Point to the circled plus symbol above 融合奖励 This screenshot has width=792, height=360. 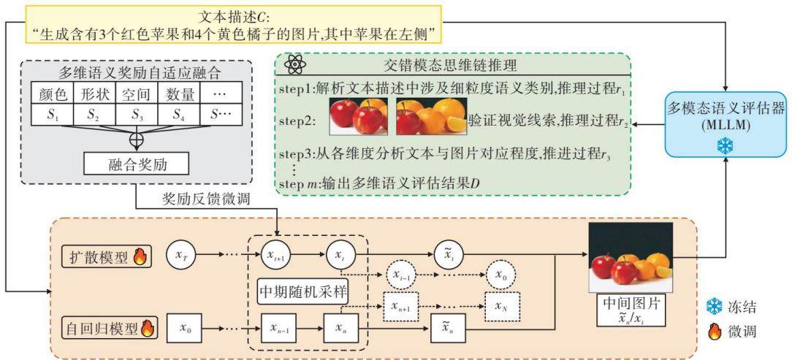134,140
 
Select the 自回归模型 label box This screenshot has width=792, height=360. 110,328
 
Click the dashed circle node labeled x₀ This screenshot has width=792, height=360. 500,275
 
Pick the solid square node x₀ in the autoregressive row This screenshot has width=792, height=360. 182,328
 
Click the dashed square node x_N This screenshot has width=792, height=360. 500,307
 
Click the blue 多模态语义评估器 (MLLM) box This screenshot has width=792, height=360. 726,123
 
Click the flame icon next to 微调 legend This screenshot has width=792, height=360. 715,331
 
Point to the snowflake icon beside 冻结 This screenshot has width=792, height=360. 715,306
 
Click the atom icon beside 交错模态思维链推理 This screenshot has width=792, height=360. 294,65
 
